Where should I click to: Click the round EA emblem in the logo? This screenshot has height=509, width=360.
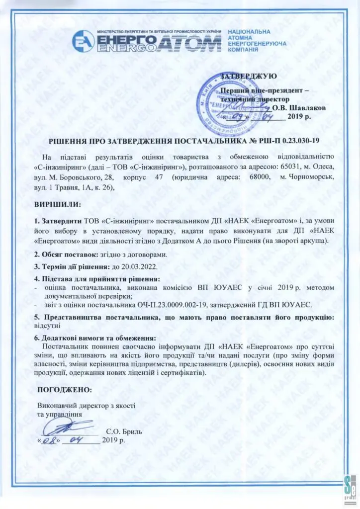pos(83,41)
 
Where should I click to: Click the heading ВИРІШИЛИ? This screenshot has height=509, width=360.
pos(57,205)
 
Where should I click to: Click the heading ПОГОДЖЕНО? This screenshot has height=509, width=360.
pos(64,389)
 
